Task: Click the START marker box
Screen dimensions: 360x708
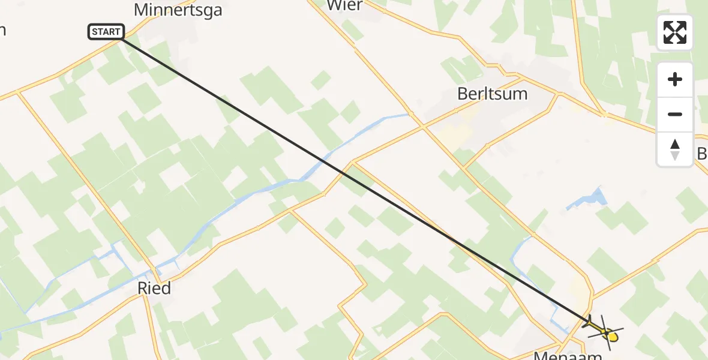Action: pos(106,32)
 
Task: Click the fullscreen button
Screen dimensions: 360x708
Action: pos(675,32)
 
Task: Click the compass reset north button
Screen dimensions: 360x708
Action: pos(675,148)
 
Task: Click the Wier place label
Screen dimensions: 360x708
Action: pos(344,5)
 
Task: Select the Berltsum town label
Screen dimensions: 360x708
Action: pos(492,94)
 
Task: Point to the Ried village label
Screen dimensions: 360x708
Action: pos(154,289)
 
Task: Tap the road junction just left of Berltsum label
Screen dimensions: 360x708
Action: pos(423,127)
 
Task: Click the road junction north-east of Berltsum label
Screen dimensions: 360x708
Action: pos(559,94)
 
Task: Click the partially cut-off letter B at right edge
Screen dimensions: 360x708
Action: pos(702,154)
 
